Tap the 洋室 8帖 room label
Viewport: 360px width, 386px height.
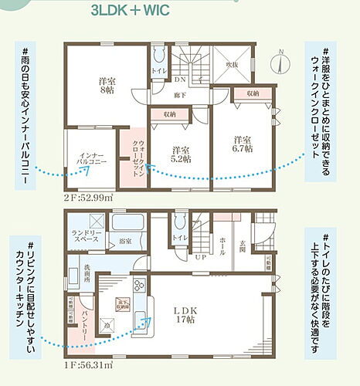pos(107,85)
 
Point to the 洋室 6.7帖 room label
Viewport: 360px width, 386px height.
pos(243,144)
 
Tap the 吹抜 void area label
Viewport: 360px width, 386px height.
pos(232,66)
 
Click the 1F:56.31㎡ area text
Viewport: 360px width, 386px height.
pos(88,364)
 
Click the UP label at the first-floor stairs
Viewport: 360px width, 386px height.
pos(199,257)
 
